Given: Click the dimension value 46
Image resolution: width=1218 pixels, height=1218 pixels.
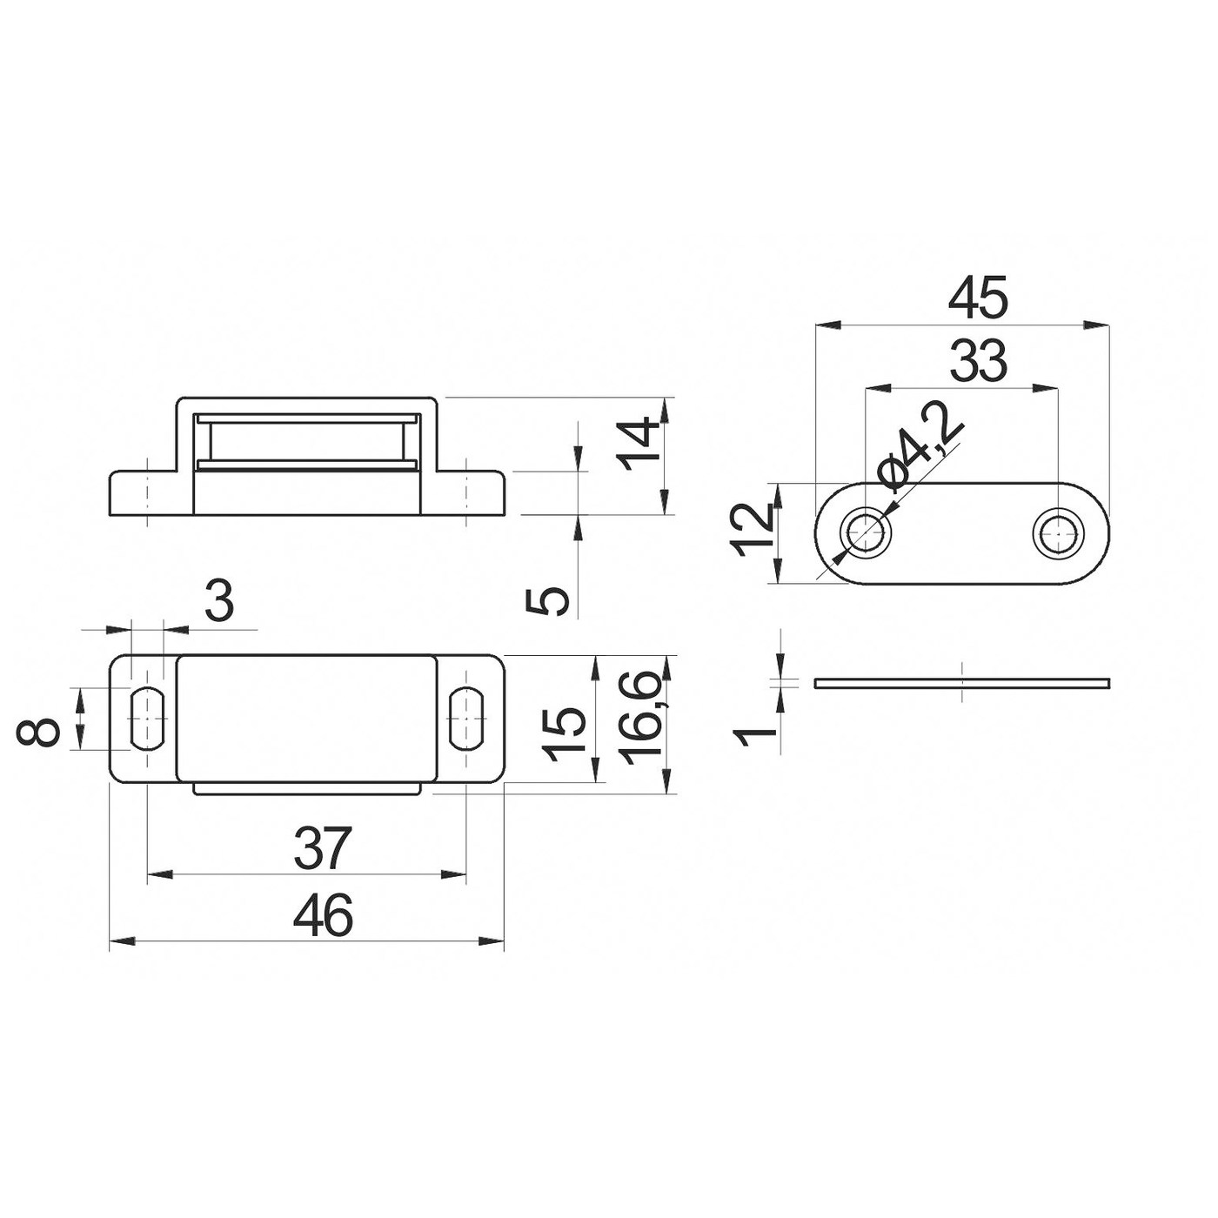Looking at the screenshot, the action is click(x=323, y=916).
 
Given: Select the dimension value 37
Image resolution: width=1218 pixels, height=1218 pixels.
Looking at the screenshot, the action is click(x=323, y=848).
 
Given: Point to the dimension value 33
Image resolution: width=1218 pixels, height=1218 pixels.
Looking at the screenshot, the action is click(x=979, y=361).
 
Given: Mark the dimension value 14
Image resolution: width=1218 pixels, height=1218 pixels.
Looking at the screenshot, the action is click(x=639, y=443).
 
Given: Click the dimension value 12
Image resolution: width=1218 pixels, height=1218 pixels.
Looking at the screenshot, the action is click(x=753, y=530).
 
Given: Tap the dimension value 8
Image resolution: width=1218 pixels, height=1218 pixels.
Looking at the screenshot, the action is click(x=38, y=733).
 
